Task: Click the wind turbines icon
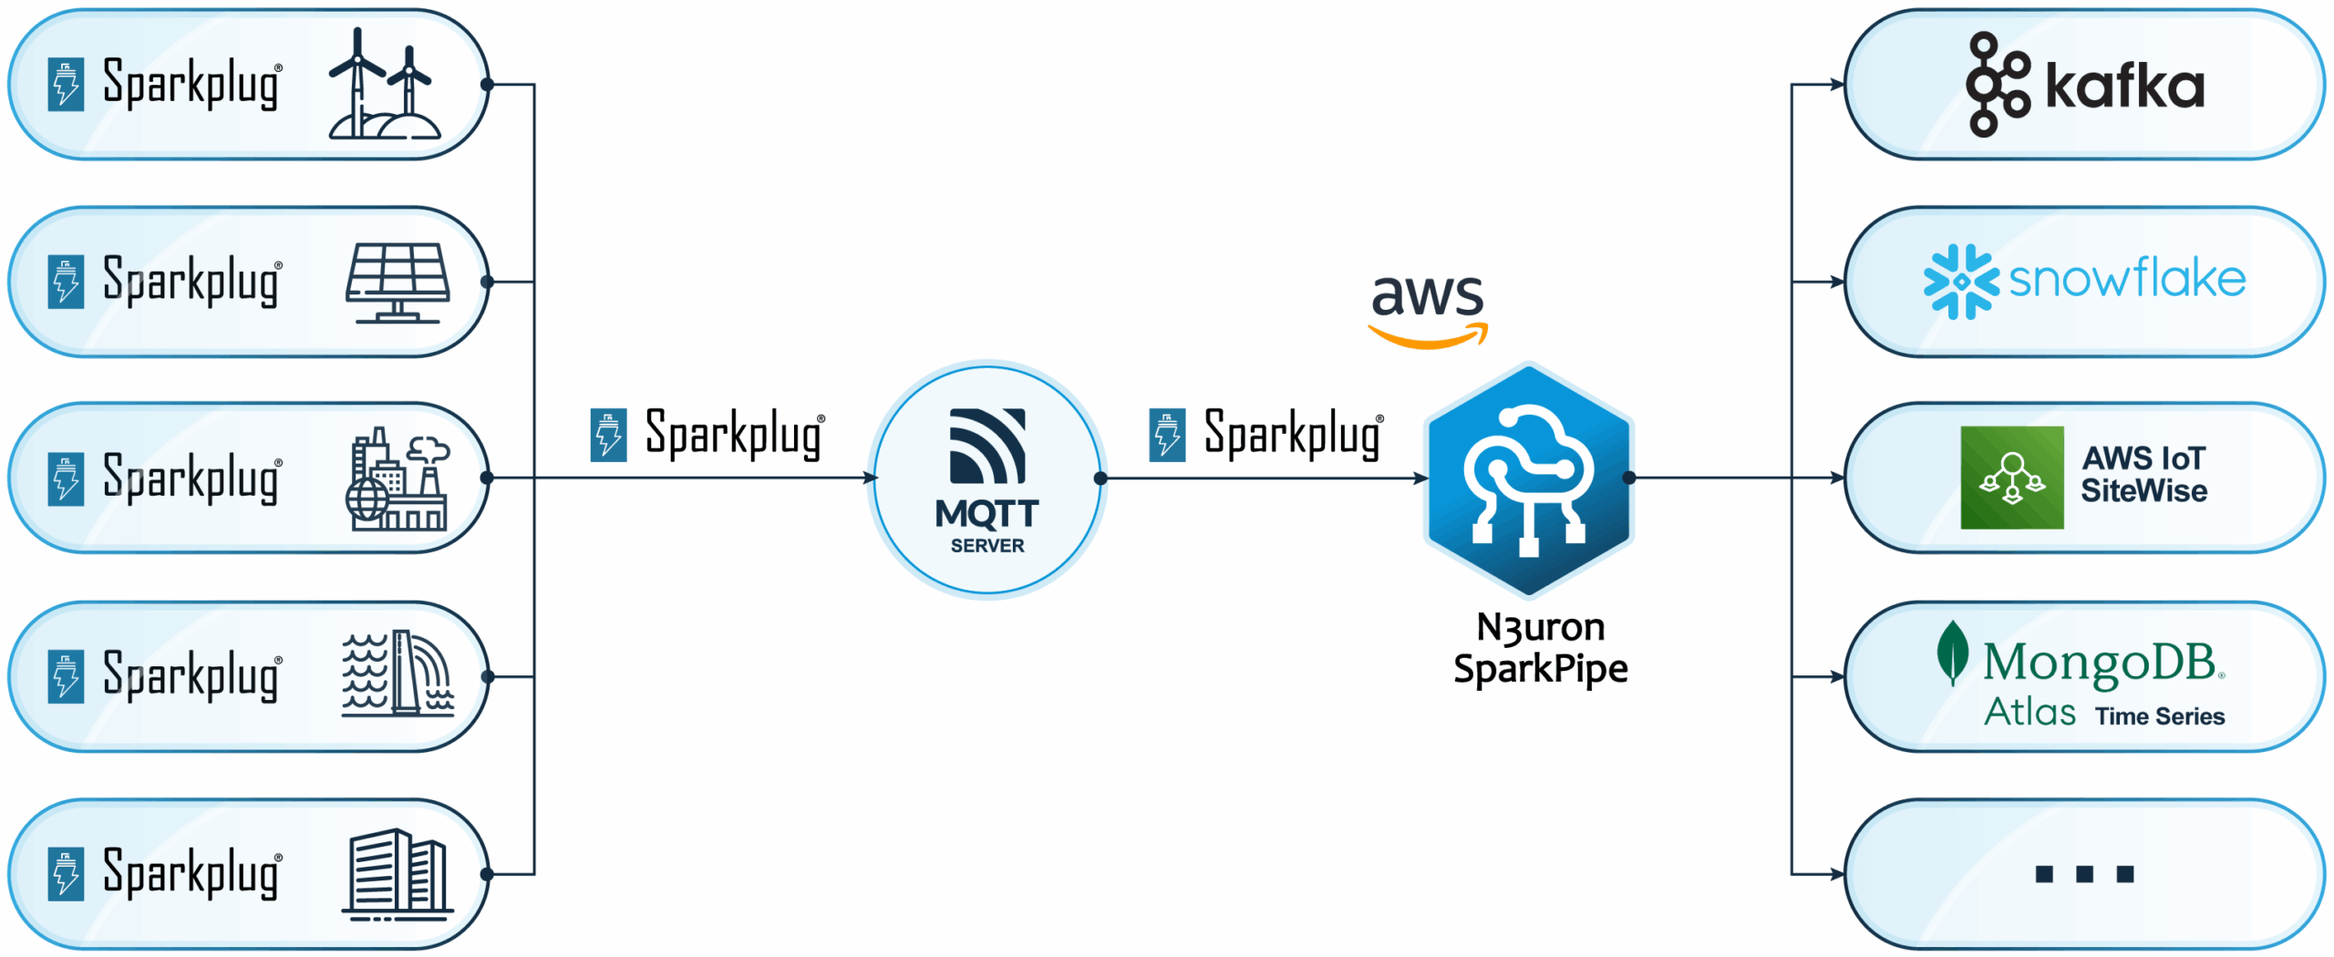click(385, 84)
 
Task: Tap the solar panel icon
click(398, 282)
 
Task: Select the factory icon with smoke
click(398, 478)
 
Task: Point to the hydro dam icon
click(398, 674)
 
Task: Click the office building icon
click(398, 874)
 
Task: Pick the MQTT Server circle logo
click(987, 479)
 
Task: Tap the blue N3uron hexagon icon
click(1529, 479)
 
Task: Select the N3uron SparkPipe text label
click(1540, 648)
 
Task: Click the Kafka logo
click(2085, 85)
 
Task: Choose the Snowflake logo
click(2084, 281)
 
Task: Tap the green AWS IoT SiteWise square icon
click(2011, 478)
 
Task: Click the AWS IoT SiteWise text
click(2143, 475)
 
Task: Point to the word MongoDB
click(2099, 662)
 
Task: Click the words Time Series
click(2159, 716)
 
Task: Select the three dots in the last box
click(2084, 874)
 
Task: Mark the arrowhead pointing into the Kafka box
click(1836, 85)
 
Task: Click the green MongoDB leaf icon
click(1951, 653)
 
